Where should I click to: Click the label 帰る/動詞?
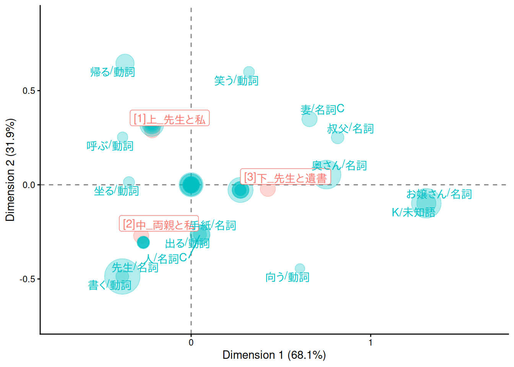(x=112, y=72)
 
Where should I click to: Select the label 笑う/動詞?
(x=236, y=81)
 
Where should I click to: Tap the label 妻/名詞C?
(x=322, y=110)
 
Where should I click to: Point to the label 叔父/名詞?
(x=350, y=129)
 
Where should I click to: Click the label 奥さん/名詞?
(x=339, y=166)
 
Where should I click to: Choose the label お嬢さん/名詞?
(x=439, y=194)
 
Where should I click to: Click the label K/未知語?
(x=413, y=212)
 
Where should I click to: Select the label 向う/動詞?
(x=287, y=277)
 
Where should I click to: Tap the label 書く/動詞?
(x=110, y=285)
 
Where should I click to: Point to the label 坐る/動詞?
(x=116, y=191)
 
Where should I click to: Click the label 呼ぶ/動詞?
(x=110, y=146)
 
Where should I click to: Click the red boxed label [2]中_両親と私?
(x=159, y=224)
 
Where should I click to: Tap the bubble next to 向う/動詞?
(x=300, y=268)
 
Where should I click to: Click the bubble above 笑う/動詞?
(x=249, y=71)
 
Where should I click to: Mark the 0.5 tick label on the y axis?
(x=29, y=91)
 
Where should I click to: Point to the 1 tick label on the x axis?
(x=370, y=343)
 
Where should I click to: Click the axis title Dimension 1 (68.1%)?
(x=274, y=355)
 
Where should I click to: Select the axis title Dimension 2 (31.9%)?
(x=10, y=170)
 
